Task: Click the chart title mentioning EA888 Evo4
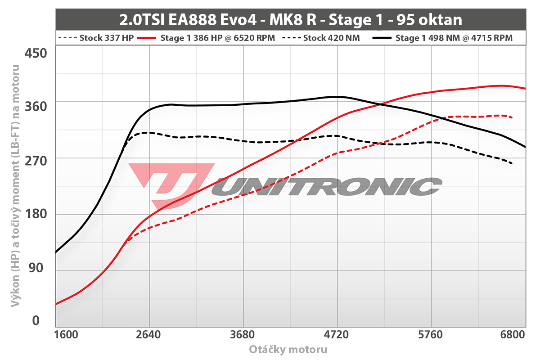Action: click(291, 20)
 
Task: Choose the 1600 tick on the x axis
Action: click(67, 335)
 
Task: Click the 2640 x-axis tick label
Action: click(149, 335)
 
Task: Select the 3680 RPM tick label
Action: click(243, 335)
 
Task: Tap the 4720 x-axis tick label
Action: click(337, 335)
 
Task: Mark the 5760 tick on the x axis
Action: click(431, 335)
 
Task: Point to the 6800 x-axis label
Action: click(513, 335)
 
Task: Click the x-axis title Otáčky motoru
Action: click(288, 350)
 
